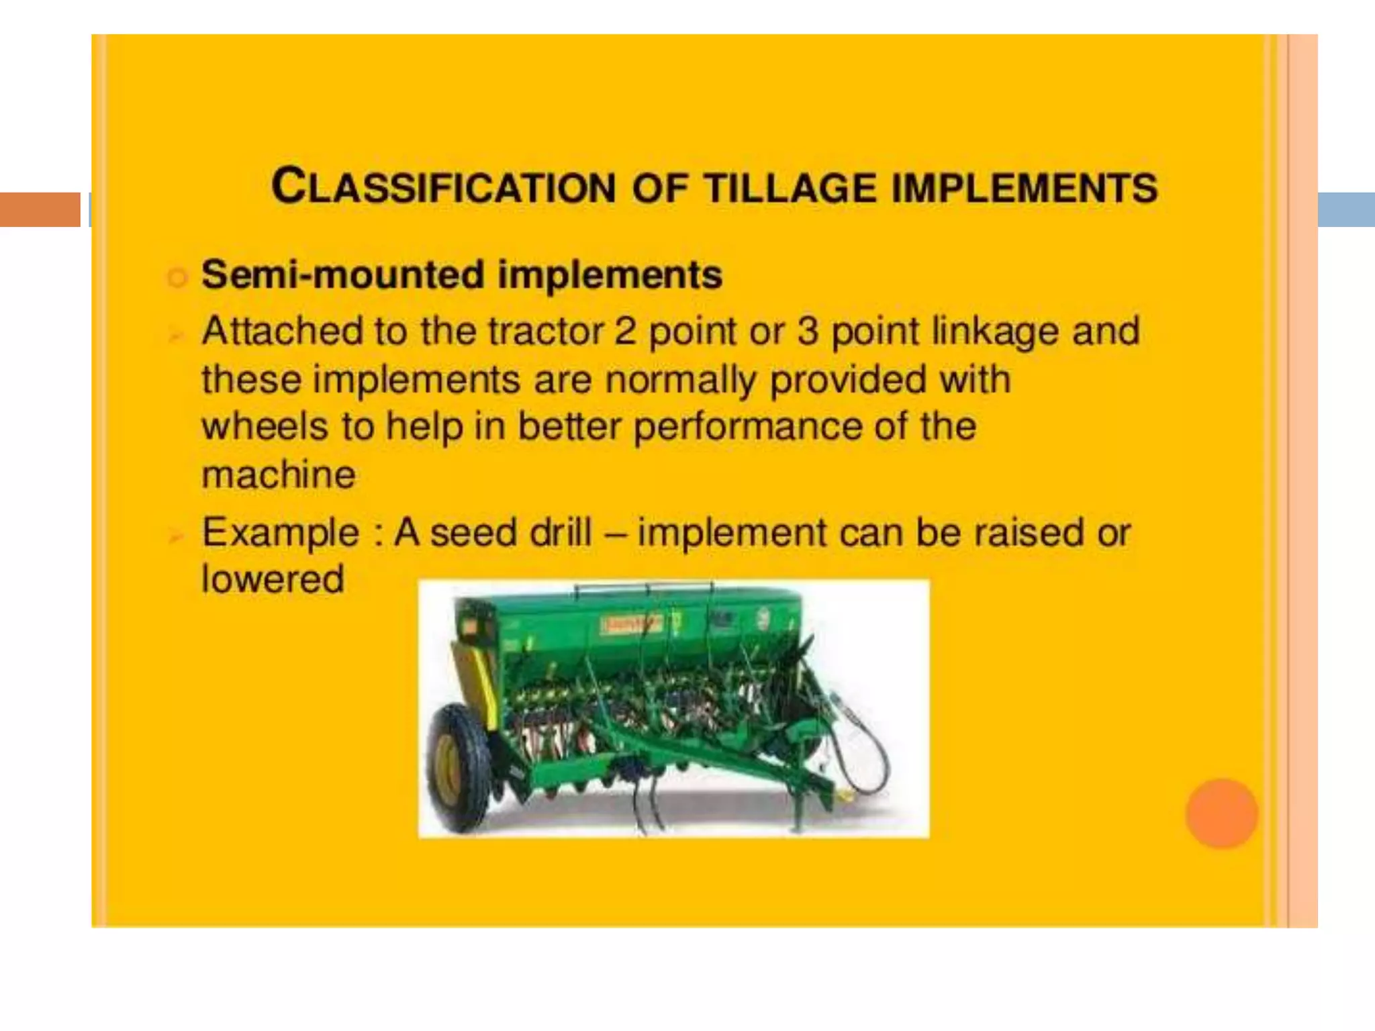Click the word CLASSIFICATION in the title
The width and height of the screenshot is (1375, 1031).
[x=443, y=187]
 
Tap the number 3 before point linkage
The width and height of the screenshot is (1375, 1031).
[x=808, y=331]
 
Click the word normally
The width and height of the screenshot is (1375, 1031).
[x=681, y=380]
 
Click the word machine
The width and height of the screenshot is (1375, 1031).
[x=279, y=475]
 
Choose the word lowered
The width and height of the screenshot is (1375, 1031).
[x=273, y=579]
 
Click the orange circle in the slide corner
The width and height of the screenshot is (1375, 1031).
[x=1221, y=813]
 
